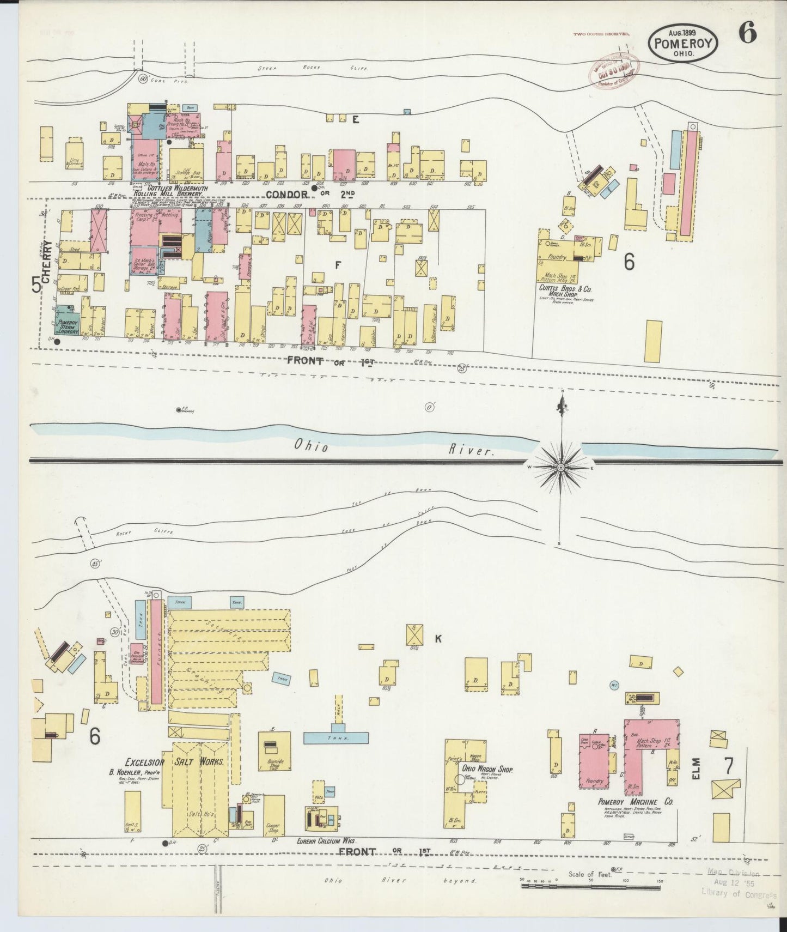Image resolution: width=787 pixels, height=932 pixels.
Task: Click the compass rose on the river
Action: [x=560, y=468]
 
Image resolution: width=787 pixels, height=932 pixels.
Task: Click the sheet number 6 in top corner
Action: [x=747, y=34]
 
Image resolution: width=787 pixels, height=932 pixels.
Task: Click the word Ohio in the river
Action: [x=312, y=446]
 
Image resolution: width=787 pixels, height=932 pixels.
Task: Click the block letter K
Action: [x=437, y=639]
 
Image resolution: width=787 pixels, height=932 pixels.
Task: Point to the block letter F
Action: [x=338, y=265]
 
